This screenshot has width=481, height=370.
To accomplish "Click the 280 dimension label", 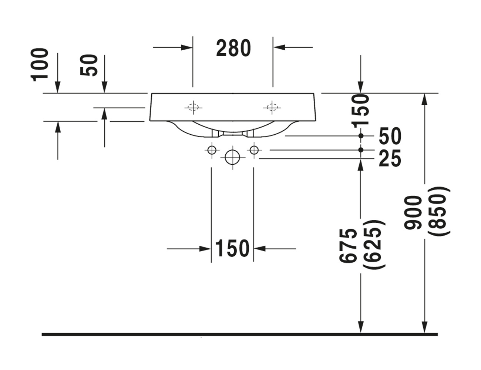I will pos(233,48).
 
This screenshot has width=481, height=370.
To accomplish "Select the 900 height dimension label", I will pos(413,212).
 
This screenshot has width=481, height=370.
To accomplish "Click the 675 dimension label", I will pos(348,246).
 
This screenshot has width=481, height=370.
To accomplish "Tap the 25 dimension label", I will pos(390,159).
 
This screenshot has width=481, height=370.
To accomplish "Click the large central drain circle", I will pos(232,157).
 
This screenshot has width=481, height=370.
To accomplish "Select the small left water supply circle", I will pos(211,150).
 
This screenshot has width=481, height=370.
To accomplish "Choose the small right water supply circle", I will pos(254,150).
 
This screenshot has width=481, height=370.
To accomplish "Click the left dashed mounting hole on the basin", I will pos(192,107).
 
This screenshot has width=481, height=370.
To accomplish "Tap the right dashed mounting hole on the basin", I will pos(272,107).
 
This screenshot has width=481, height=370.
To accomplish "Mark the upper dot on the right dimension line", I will pos(361,136).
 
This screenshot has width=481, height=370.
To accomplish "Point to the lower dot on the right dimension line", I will pos(361,150).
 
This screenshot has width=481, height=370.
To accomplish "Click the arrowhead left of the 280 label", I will pos(187,47).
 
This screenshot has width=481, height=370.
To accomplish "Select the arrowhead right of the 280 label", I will pos(278,47).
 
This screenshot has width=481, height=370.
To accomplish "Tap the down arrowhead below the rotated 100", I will pos(58,88).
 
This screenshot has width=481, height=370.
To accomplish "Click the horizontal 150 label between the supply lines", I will pos(232,248).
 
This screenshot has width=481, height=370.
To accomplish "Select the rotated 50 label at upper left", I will pos(89,65).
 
